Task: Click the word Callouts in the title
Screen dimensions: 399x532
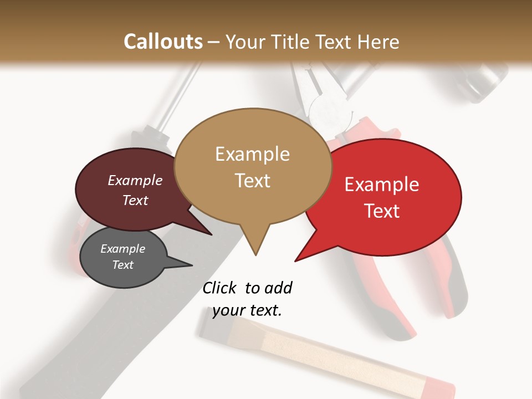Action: pyautogui.click(x=163, y=42)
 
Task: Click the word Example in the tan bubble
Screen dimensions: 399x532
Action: pyautogui.click(x=252, y=154)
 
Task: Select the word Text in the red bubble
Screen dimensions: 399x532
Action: pyautogui.click(x=382, y=211)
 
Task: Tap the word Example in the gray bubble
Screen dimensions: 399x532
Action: pyautogui.click(x=122, y=249)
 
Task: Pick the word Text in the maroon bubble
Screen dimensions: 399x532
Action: pyautogui.click(x=135, y=200)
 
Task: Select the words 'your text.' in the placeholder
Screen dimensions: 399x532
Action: pyautogui.click(x=247, y=310)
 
